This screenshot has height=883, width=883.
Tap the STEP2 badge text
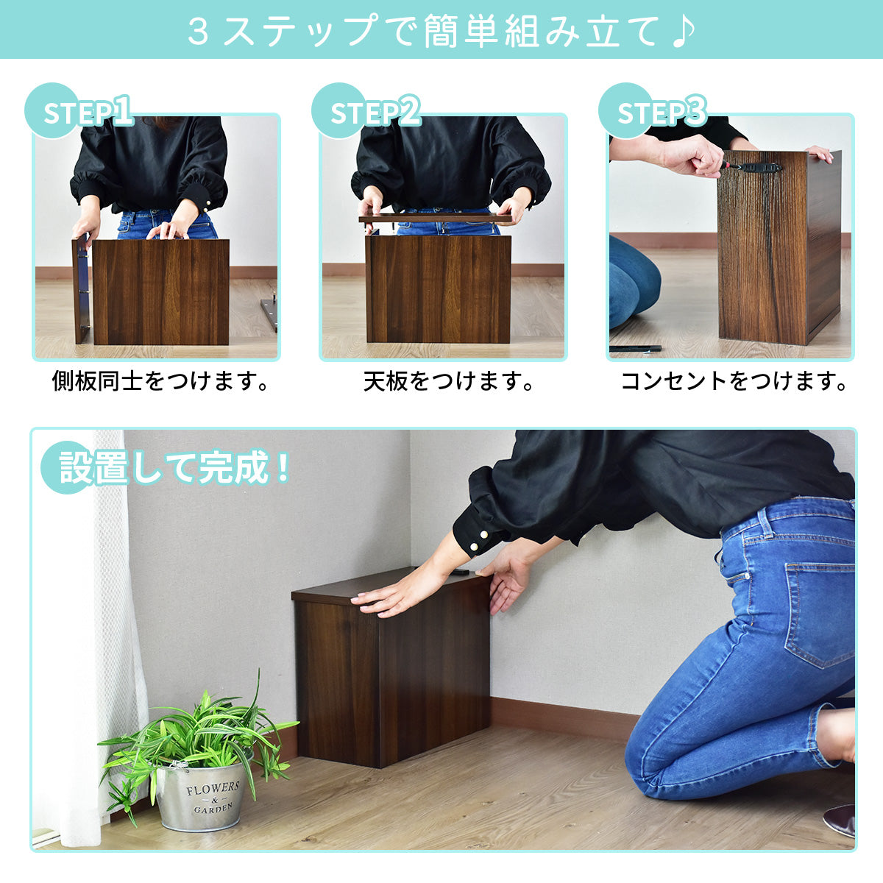375,111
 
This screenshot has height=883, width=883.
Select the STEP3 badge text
662,111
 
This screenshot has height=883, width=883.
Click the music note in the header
683,31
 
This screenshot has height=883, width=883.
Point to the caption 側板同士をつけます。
160,380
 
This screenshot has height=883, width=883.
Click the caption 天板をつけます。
449,380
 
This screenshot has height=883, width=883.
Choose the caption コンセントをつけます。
734,380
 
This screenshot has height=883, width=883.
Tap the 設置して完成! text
174,467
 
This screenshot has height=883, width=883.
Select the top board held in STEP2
435,218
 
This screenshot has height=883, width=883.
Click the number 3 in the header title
198,31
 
